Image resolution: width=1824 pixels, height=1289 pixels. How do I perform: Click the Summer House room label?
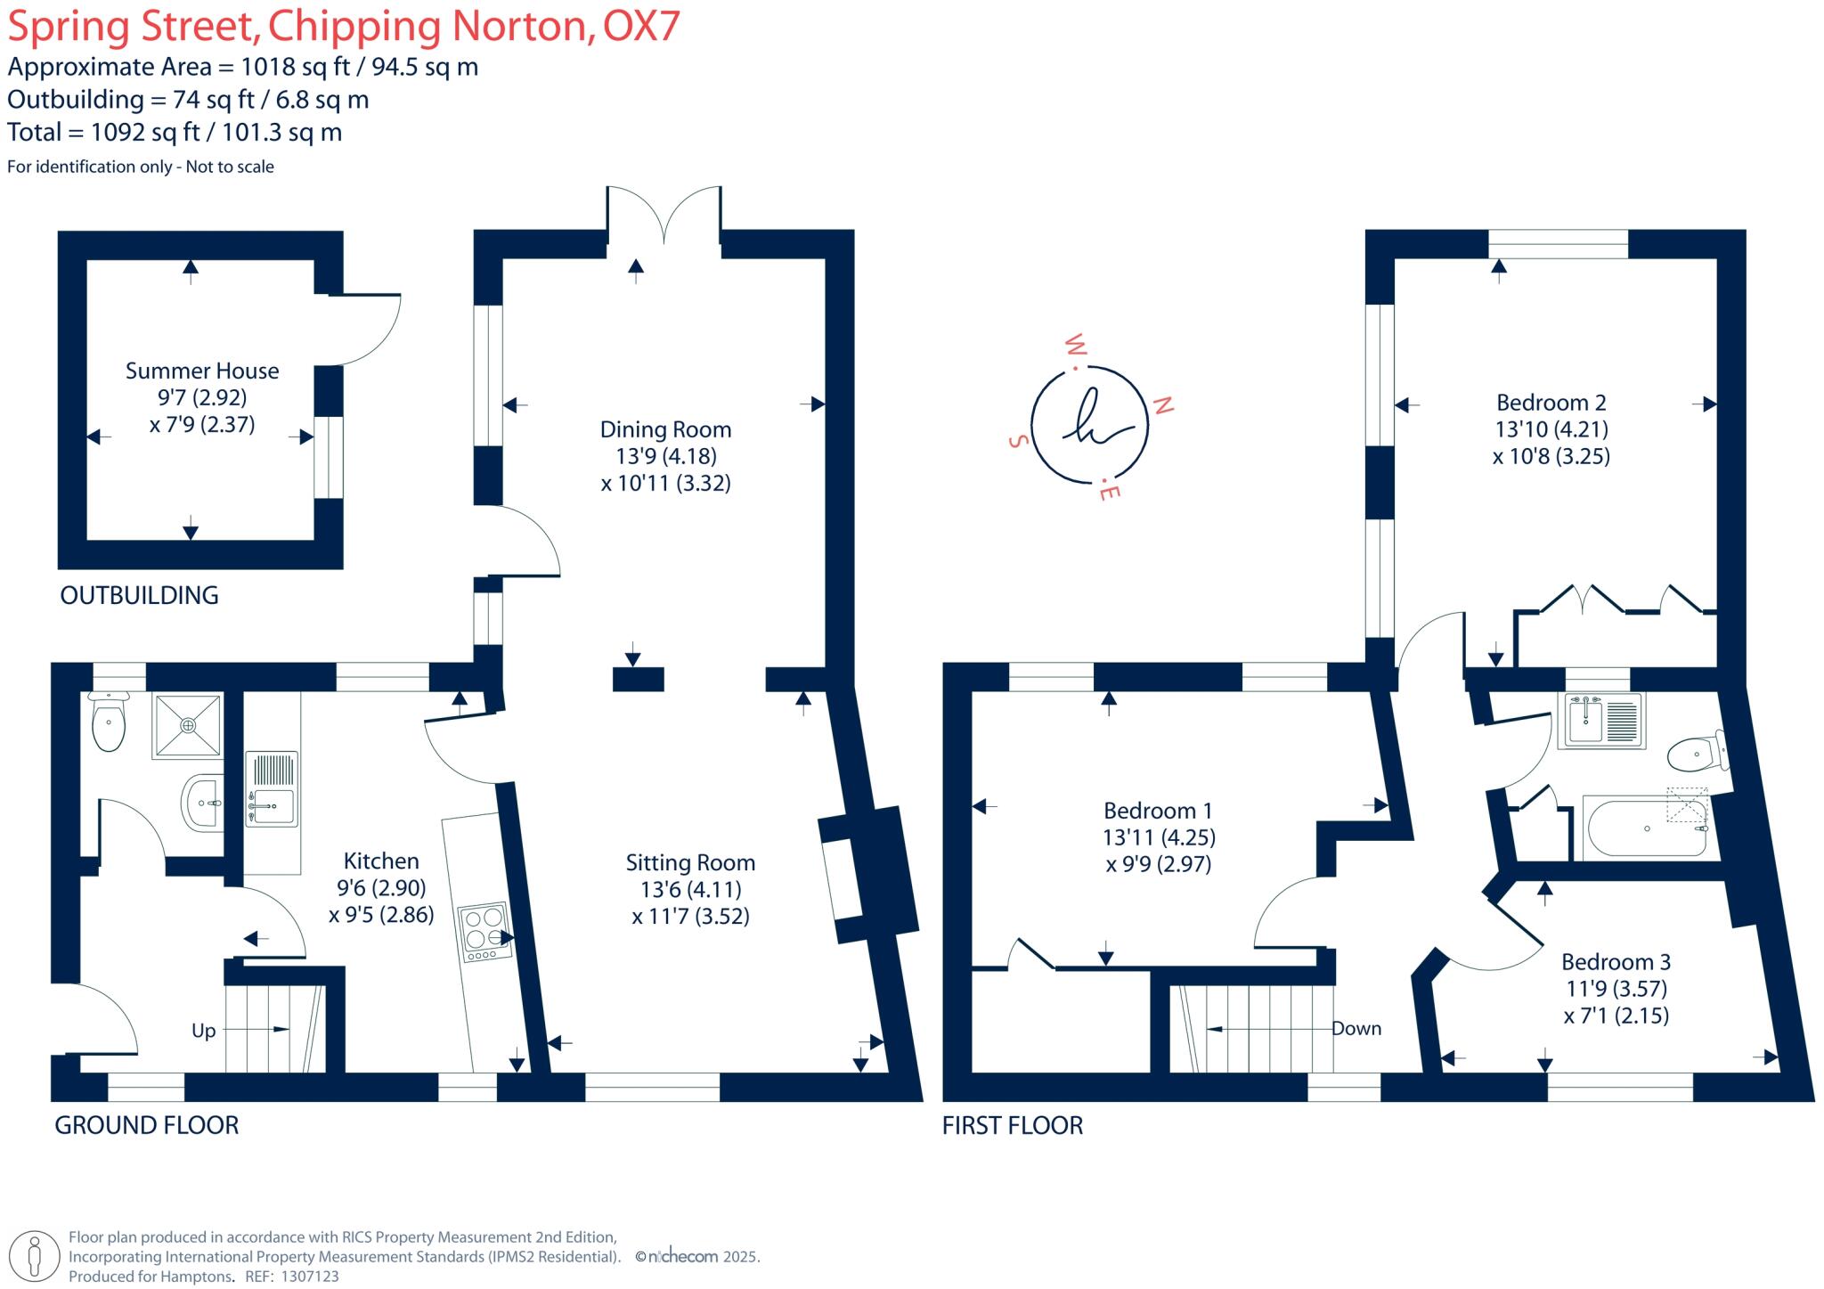(x=202, y=371)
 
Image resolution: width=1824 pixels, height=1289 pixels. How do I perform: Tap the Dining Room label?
(x=665, y=429)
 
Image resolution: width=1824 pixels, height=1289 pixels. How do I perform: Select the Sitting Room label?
(x=690, y=862)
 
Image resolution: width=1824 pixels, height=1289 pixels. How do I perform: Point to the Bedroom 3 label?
(x=1616, y=962)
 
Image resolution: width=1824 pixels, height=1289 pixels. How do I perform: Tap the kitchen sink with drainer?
(x=273, y=789)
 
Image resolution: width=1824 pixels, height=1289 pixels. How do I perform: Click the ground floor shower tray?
(x=187, y=726)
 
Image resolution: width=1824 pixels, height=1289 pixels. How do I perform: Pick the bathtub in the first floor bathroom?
(x=1646, y=828)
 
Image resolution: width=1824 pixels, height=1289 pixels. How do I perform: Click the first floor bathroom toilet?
(x=1698, y=754)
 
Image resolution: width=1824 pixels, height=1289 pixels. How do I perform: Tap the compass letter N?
(x=1162, y=405)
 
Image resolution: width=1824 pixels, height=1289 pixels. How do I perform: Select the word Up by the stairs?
(x=204, y=1031)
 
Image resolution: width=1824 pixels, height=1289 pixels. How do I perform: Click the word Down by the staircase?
(x=1356, y=1028)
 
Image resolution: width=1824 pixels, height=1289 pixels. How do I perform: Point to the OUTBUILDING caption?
(x=139, y=595)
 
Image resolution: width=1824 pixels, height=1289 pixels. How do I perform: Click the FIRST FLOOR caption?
(x=1013, y=1125)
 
